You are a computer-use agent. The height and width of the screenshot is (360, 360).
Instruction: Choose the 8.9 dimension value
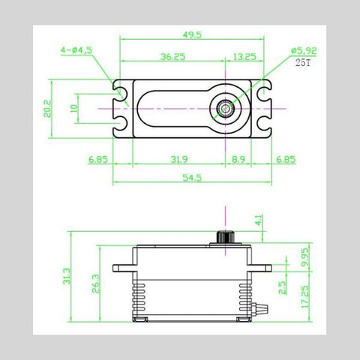tap(239, 160)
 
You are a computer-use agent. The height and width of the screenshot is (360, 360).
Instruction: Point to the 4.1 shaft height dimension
tap(258, 221)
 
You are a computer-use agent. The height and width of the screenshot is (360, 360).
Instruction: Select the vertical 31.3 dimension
tap(67, 277)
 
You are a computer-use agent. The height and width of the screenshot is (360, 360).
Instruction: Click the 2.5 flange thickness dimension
tap(280, 288)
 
